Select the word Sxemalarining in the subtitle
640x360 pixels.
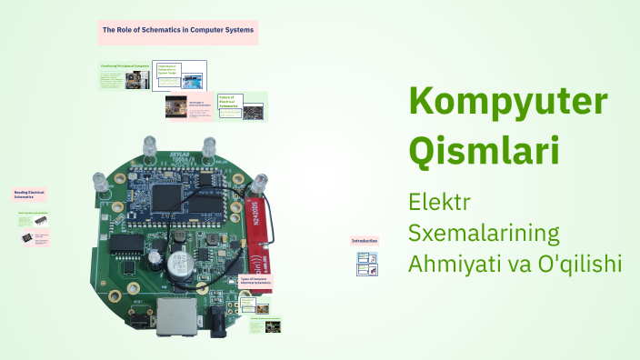[484, 232]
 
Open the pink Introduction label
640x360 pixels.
[365, 241]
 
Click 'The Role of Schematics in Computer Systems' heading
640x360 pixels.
[178, 31]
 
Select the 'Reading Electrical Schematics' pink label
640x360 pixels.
[30, 195]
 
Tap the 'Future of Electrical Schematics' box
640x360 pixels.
[228, 101]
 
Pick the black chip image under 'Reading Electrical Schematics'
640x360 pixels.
[27, 237]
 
